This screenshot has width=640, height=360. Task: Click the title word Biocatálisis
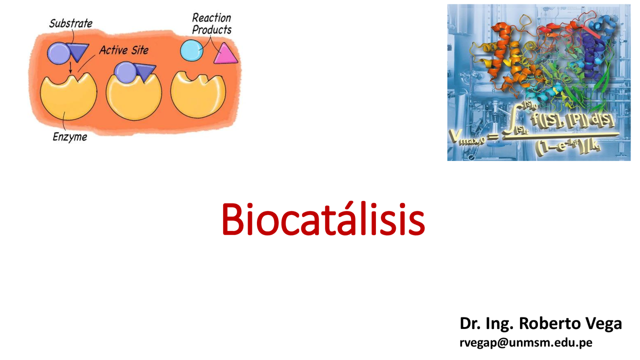[x=323, y=219]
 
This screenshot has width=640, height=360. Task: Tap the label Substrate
[x=70, y=23]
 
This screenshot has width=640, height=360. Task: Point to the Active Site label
[x=123, y=50]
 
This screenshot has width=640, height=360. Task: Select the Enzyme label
[x=69, y=136]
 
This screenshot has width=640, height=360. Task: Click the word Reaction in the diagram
[x=211, y=18]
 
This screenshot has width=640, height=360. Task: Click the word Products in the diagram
[x=212, y=30]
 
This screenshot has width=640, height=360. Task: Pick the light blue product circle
[x=192, y=50]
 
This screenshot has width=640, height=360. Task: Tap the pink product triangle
[x=225, y=54]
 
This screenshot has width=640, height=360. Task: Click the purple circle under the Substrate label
[x=58, y=52]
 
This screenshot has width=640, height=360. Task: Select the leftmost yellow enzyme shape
[x=68, y=97]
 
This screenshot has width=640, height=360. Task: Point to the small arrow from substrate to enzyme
[x=71, y=67]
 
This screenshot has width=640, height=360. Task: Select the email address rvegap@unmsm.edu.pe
[x=526, y=342]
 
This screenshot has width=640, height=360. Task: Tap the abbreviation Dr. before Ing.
[x=470, y=323]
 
